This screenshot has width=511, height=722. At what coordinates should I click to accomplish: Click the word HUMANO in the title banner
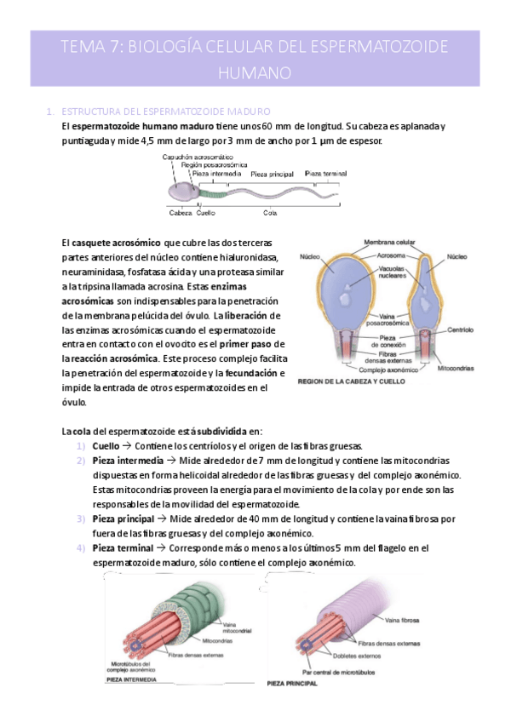(255, 72)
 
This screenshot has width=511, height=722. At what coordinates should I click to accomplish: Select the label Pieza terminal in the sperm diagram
(326, 173)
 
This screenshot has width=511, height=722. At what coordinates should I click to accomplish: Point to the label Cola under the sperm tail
(269, 212)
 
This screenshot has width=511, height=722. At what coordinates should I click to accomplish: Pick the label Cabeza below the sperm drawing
(181, 212)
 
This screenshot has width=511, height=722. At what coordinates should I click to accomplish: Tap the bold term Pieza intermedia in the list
(122, 461)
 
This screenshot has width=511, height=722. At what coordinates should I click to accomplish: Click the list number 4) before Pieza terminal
(79, 547)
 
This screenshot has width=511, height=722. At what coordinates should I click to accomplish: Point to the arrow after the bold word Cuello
(128, 446)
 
